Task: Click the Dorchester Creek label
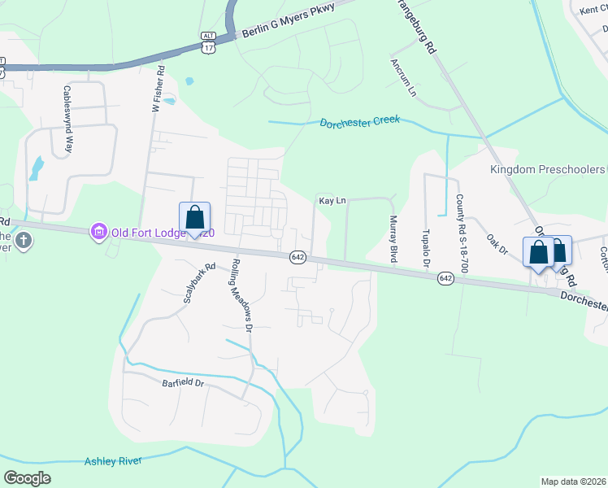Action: point(359,122)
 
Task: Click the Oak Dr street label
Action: point(497,244)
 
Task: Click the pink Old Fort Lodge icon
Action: point(99,233)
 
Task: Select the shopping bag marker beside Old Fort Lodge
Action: point(194,219)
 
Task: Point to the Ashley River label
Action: point(114,461)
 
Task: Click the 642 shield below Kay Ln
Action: point(297,256)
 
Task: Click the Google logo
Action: point(28,477)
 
